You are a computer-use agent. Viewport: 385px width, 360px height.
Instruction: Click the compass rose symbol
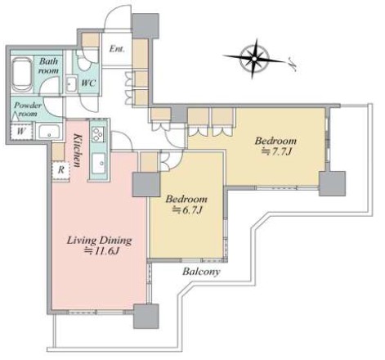click(x=254, y=59)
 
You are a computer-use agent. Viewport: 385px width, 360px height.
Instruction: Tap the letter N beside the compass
click(x=293, y=64)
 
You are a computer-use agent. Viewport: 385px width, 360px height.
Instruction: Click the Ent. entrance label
click(x=117, y=49)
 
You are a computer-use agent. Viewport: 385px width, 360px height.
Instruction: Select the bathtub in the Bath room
click(x=22, y=74)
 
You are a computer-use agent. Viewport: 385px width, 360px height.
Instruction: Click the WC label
click(x=88, y=83)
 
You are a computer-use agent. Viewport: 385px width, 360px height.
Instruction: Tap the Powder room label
click(x=28, y=109)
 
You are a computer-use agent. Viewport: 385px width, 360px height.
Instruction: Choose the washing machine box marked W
click(x=21, y=131)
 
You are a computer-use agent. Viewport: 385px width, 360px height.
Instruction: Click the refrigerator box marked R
click(x=61, y=170)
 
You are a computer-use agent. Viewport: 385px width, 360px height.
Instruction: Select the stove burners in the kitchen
click(x=98, y=134)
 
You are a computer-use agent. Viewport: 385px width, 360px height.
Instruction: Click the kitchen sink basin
click(x=99, y=163)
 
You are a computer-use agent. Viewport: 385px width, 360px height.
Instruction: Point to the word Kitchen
click(x=78, y=151)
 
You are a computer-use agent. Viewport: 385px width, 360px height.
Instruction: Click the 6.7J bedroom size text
click(x=187, y=209)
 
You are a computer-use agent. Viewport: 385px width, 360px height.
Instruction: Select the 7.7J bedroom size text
click(x=276, y=151)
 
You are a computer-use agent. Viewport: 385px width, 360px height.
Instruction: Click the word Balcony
click(x=201, y=272)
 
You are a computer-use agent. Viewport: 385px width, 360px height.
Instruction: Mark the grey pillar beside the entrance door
click(x=145, y=26)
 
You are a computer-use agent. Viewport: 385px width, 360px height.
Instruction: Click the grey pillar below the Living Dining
click(x=146, y=316)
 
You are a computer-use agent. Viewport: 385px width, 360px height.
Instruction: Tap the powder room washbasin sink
click(x=49, y=132)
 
